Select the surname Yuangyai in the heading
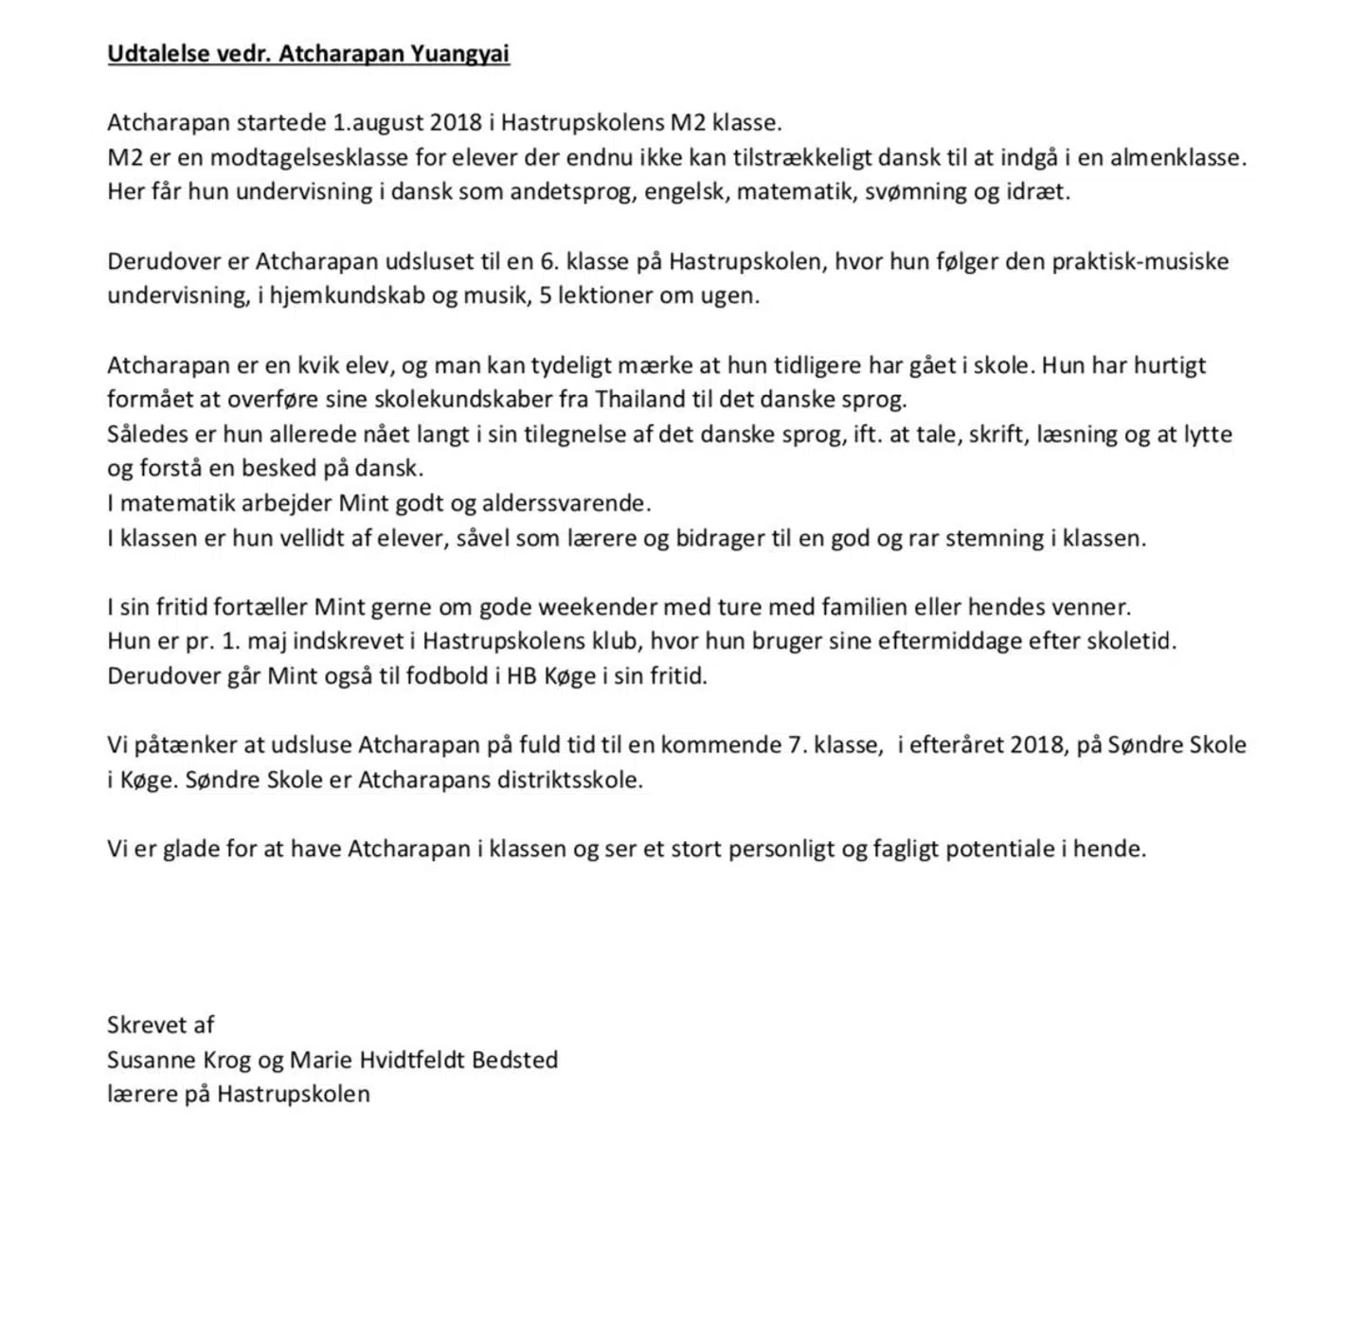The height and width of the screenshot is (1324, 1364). click(x=459, y=53)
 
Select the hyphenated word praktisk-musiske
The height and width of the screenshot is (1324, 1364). click(x=1140, y=261)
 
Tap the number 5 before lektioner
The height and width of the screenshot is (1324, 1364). click(x=545, y=295)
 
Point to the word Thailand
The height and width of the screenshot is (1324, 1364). click(x=640, y=399)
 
